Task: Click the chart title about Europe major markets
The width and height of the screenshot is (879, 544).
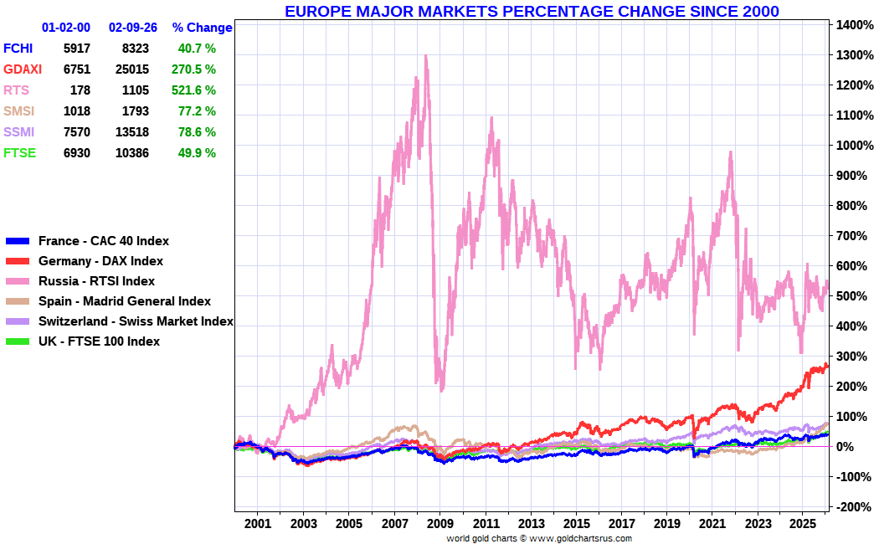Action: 532,11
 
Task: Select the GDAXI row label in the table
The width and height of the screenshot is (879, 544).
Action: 23,69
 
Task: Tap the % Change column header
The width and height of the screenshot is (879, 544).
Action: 202,28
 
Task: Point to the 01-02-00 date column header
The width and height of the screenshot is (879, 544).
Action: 66,28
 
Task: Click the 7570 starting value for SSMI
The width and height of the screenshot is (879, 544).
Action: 76,132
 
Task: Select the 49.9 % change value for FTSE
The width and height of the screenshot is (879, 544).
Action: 197,153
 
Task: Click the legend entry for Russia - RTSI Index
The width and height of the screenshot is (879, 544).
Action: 96,281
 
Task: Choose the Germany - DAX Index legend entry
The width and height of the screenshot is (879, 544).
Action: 100,261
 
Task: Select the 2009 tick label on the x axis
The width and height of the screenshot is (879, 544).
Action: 439,524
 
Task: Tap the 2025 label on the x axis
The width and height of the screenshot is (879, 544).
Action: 802,524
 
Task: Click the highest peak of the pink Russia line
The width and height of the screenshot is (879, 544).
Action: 426,57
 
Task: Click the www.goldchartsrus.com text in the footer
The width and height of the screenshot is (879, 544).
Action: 580,538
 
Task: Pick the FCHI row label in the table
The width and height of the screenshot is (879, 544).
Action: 19,49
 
